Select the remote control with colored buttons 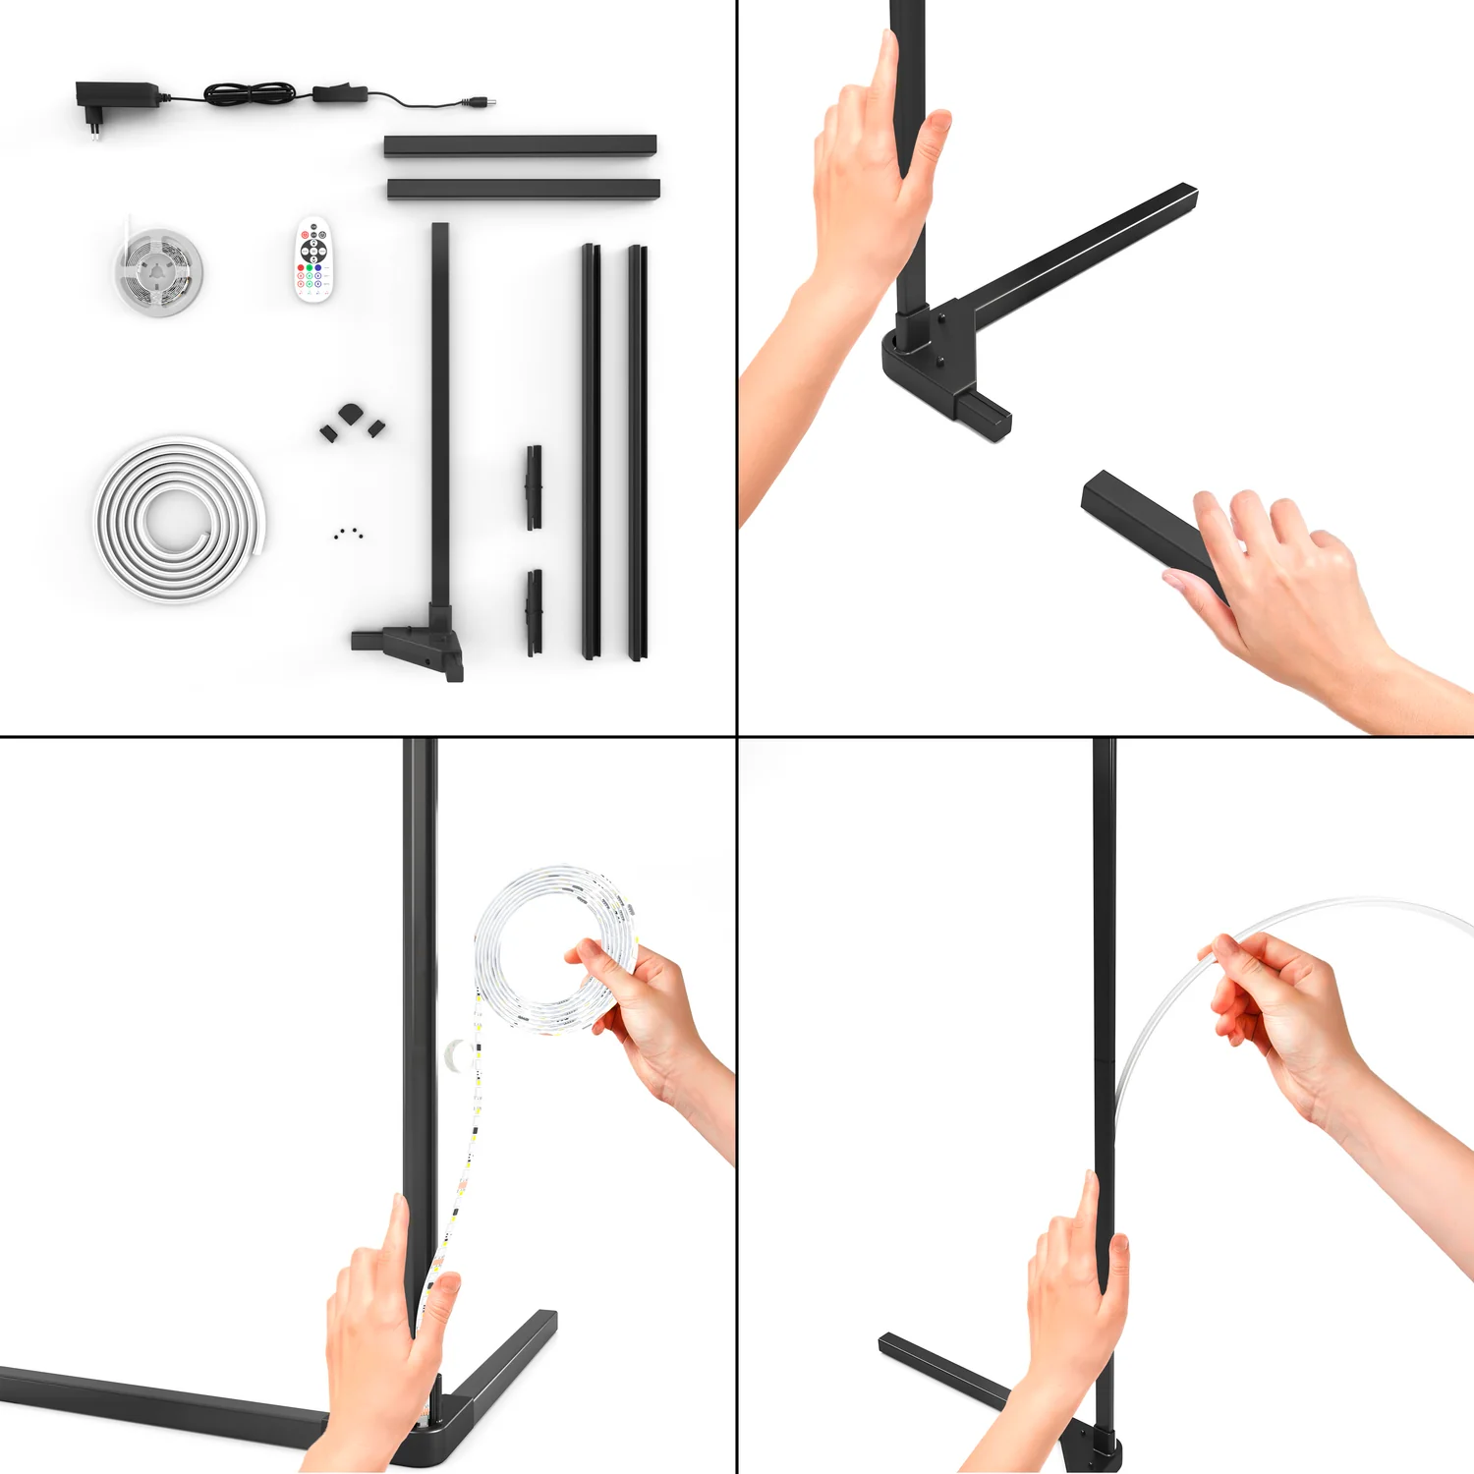[x=313, y=259]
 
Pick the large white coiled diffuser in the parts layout [x=179, y=519]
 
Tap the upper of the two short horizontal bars [x=520, y=145]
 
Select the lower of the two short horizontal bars [x=523, y=189]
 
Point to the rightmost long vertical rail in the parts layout [x=638, y=452]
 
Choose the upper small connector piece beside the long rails [x=534, y=486]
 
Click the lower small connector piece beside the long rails [x=534, y=611]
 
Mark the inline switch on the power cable [x=340, y=94]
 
